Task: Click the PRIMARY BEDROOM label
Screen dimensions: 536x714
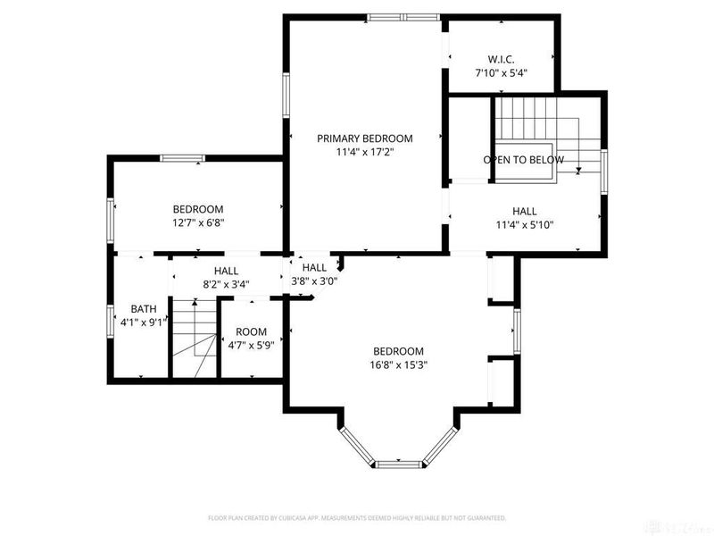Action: click(x=365, y=138)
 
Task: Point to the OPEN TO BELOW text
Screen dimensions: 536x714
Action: click(x=523, y=160)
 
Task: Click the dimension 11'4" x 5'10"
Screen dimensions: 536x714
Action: click(x=524, y=225)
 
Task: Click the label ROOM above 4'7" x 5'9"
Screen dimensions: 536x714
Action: click(x=252, y=331)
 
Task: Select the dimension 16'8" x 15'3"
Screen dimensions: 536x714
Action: click(x=398, y=364)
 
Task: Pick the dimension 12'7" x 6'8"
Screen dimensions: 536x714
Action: click(x=197, y=223)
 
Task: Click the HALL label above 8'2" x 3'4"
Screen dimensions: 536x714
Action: click(x=226, y=271)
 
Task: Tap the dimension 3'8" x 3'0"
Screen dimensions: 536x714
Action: click(x=314, y=281)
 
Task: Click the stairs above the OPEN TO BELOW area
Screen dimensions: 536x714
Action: click(x=525, y=117)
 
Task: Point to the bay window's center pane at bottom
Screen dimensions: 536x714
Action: click(x=398, y=464)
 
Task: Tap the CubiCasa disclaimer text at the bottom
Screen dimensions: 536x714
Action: click(x=357, y=517)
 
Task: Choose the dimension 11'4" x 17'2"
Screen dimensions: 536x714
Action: click(x=365, y=153)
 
